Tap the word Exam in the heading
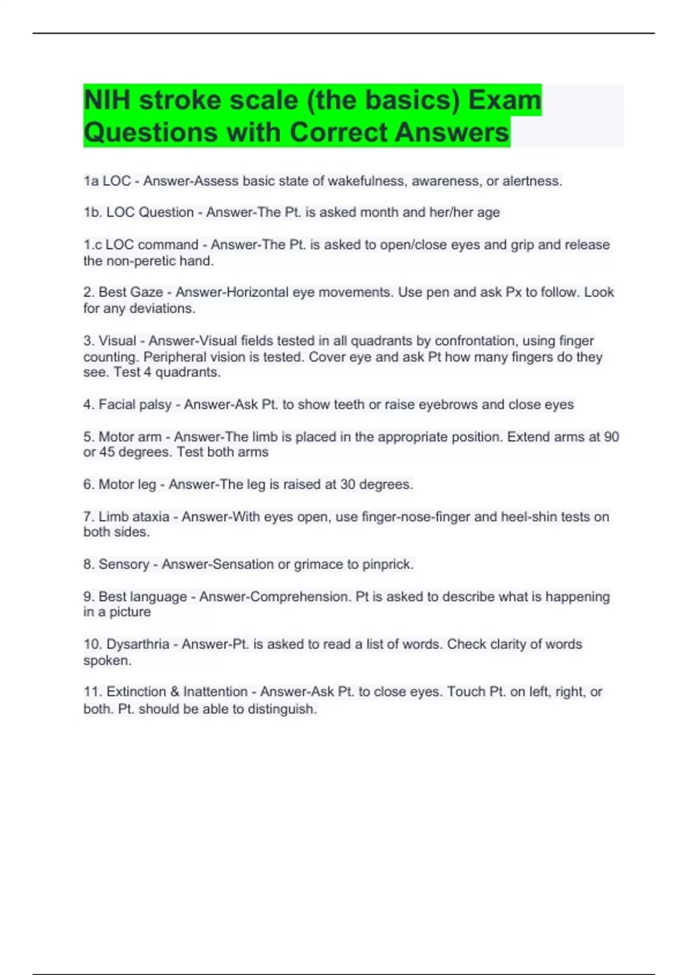505,100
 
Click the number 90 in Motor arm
611,437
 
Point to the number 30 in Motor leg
347,485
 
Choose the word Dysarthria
138,645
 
